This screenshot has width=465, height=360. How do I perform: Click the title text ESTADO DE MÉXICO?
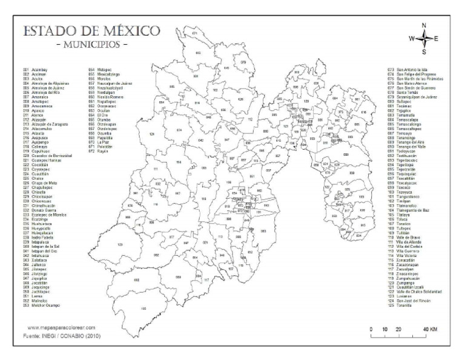point(91,30)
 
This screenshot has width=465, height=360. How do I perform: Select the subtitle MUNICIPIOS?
point(91,45)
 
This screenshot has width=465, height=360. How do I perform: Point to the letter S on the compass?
point(424,52)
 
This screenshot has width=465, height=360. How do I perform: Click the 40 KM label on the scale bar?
point(430,328)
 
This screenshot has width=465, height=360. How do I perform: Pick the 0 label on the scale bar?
point(371,328)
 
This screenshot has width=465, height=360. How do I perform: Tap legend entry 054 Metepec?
point(101,70)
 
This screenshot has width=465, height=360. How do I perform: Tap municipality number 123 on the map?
point(120,244)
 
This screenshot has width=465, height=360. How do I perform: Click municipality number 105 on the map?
point(143,308)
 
